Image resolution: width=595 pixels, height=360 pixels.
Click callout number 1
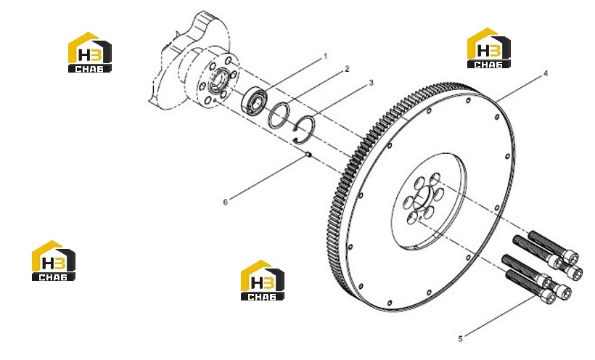[x=325, y=57]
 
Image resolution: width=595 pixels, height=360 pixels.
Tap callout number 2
[x=346, y=69]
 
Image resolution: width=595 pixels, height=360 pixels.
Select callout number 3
[x=371, y=83]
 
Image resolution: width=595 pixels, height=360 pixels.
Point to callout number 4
[x=546, y=73]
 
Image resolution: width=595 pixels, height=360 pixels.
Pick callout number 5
[x=460, y=339]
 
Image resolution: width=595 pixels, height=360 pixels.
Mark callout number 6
[x=225, y=202]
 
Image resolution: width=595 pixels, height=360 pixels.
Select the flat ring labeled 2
[x=279, y=116]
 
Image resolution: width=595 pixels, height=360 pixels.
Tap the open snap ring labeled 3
[x=304, y=129]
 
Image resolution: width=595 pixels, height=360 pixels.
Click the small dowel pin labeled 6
[x=308, y=154]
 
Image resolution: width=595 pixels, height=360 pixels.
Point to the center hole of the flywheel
[x=422, y=198]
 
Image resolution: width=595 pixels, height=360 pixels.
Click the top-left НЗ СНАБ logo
[x=89, y=52]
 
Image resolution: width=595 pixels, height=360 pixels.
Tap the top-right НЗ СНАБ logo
[x=488, y=48]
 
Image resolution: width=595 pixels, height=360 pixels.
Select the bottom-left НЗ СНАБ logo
[x=54, y=261]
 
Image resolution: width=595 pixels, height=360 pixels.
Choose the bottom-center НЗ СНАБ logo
[x=262, y=280]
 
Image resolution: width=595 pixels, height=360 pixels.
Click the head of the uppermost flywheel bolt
[x=570, y=257]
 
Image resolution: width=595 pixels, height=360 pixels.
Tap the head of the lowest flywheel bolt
[x=548, y=296]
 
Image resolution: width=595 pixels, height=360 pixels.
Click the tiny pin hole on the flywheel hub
[x=420, y=218]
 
